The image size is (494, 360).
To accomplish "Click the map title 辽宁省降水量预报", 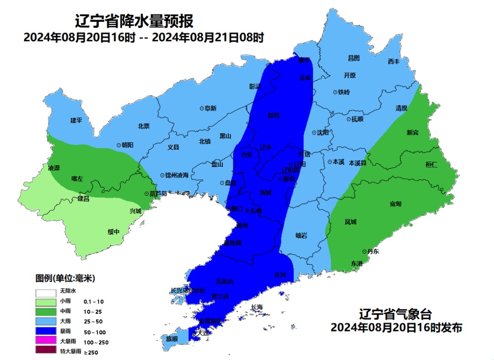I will (x=134, y=21).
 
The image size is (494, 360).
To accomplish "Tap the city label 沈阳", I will (x=322, y=133).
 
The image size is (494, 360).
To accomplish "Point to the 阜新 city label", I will (x=210, y=108).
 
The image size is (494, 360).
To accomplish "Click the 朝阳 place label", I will (x=127, y=145).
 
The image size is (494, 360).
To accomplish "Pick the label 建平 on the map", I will (x=76, y=120).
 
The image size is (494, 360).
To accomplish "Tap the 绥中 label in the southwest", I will (x=113, y=232).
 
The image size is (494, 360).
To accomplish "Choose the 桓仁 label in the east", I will (x=431, y=164).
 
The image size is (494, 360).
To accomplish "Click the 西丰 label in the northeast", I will (x=393, y=61).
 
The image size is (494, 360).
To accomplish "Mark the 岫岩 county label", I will (x=301, y=236).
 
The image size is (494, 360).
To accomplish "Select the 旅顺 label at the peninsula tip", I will (x=172, y=339).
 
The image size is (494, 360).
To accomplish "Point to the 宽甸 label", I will (x=396, y=204).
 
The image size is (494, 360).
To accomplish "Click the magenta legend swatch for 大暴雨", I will (x=46, y=341).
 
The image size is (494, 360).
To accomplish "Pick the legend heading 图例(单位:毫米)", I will (x=65, y=278).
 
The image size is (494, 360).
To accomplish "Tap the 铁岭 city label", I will (x=344, y=92).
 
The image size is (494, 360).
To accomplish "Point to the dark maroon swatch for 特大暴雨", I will (x=46, y=351).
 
